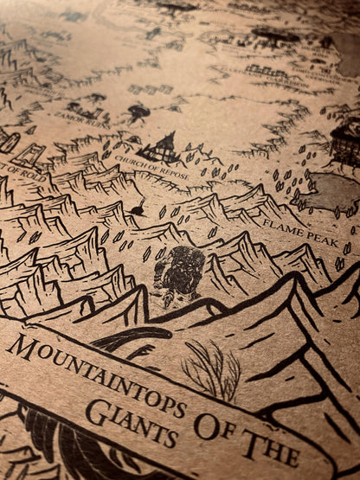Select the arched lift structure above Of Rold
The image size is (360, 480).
click(29, 154)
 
